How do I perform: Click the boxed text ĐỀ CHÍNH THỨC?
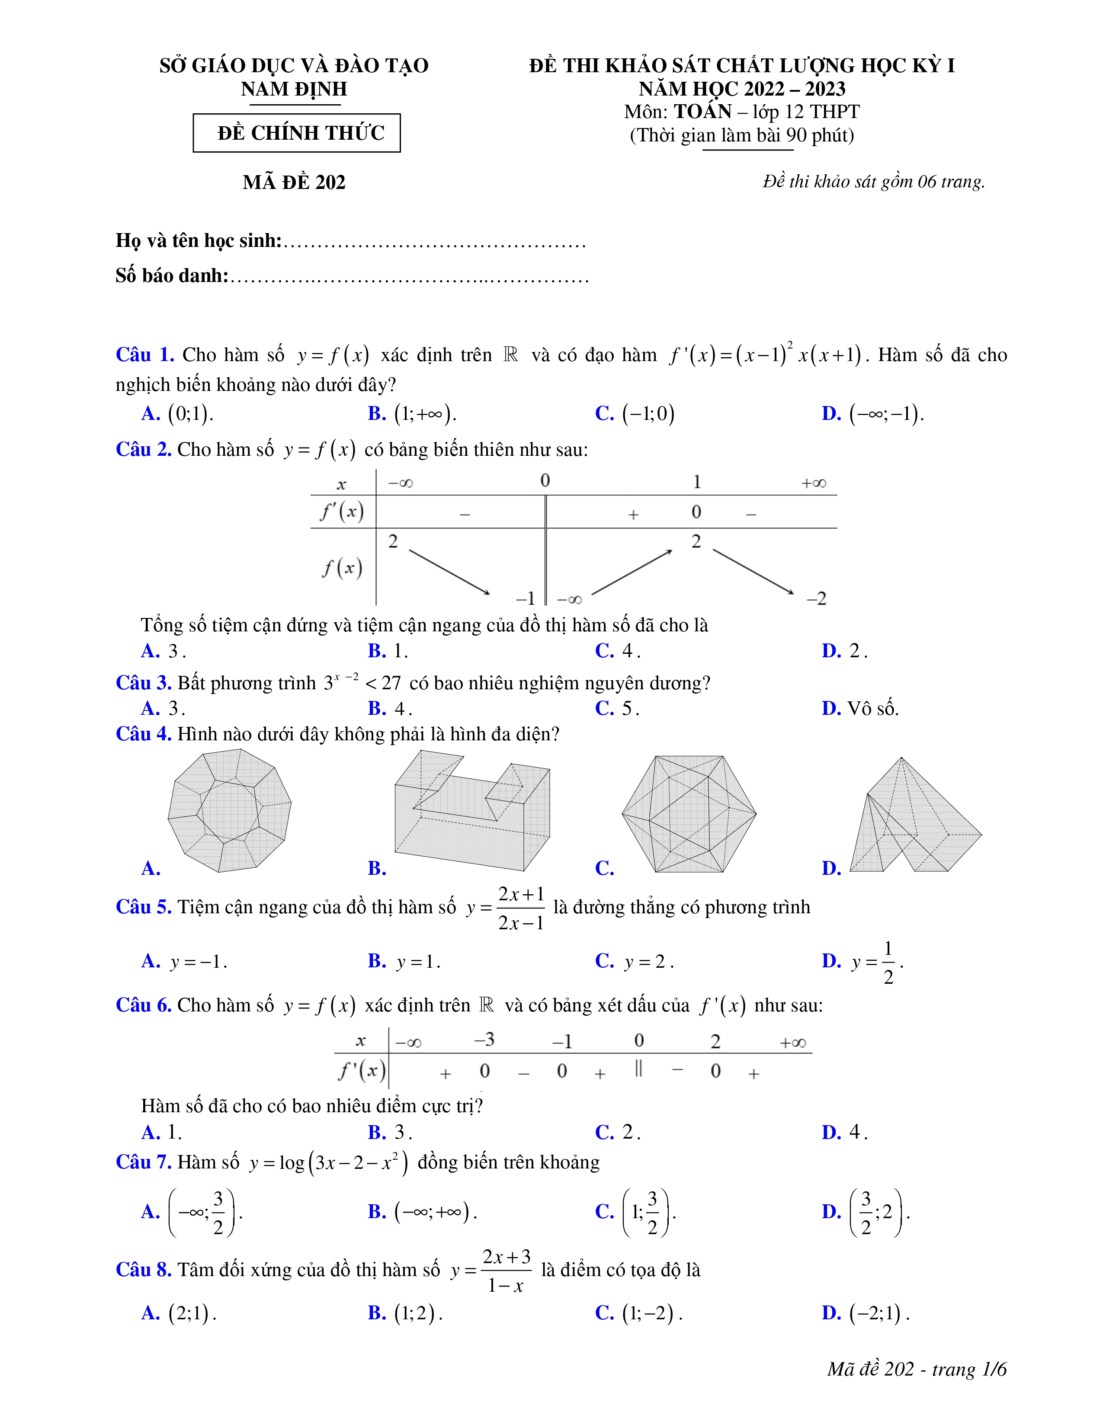tap(301, 133)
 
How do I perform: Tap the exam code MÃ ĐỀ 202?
tap(294, 182)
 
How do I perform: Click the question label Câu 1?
tap(144, 355)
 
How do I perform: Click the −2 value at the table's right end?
tap(816, 598)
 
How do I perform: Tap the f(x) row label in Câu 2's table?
tap(342, 567)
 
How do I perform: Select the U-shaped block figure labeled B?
tap(472, 811)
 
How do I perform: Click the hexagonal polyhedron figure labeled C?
tap(689, 814)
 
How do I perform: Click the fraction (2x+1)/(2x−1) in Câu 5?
tap(521, 908)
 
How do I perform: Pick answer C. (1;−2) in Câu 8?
tap(638, 1313)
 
